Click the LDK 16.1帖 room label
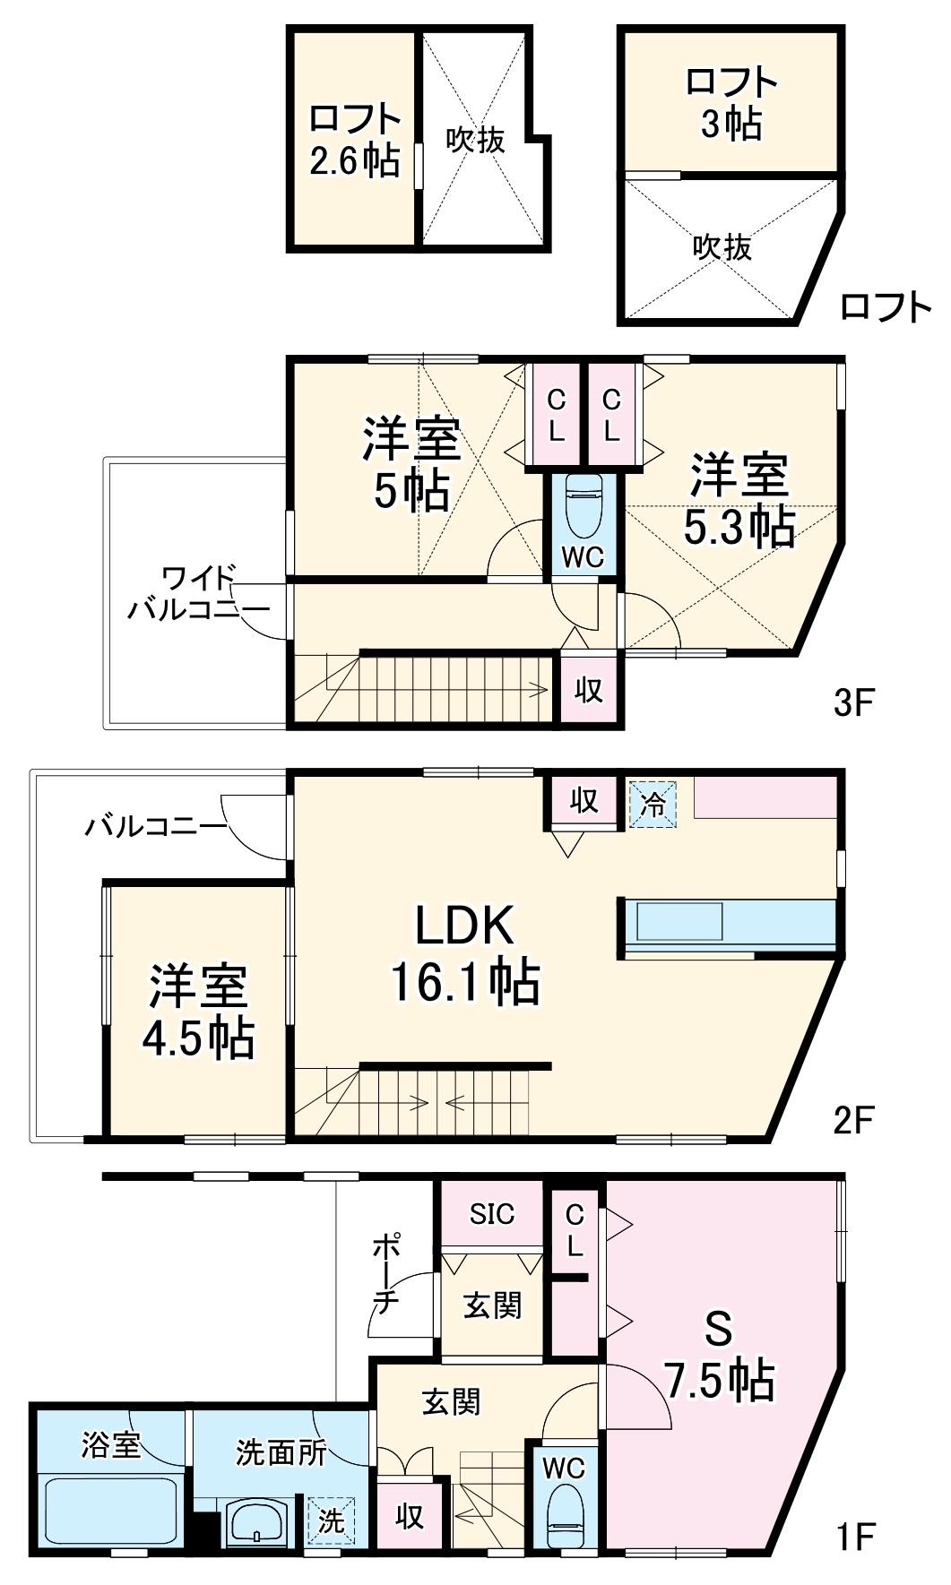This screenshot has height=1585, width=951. [x=464, y=953]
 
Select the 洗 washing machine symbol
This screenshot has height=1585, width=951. [x=331, y=1520]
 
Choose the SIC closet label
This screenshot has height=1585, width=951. [x=492, y=1214]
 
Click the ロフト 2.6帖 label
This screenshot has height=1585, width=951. [x=354, y=140]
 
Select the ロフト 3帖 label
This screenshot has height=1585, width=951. [x=731, y=102]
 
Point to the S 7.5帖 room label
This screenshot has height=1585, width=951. [x=720, y=1355]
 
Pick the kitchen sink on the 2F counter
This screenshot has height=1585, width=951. [x=679, y=922]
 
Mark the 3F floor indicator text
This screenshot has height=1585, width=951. [x=852, y=702]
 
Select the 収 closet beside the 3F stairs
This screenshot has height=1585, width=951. [x=589, y=690]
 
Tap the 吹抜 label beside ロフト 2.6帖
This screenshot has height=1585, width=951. [x=476, y=140]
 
